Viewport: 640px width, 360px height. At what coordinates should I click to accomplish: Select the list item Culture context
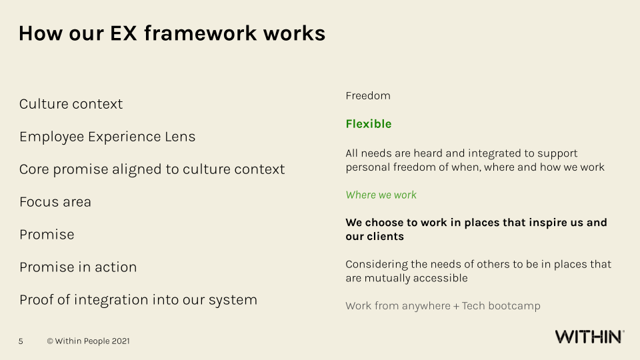coord(71,104)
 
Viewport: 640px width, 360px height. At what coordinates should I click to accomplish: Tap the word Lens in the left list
coord(180,137)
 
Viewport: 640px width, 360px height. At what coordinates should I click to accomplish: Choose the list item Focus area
coord(55,202)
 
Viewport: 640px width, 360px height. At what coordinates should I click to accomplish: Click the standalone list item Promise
coord(47,235)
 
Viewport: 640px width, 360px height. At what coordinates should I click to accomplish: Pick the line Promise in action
coord(78,267)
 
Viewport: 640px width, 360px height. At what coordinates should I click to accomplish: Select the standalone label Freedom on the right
coord(368,96)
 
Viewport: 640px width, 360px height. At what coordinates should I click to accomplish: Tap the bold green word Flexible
coord(369,124)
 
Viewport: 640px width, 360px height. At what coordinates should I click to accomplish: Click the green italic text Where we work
coord(381,195)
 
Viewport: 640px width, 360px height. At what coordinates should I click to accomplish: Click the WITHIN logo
coord(589,337)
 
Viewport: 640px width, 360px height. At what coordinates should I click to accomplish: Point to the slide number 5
coord(21,341)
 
